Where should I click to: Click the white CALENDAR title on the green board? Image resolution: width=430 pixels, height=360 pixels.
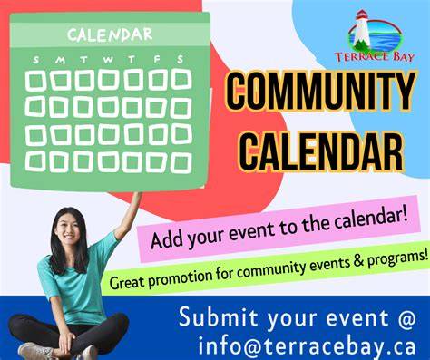click(110, 34)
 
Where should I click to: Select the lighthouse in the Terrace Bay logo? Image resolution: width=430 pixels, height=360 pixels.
click(360, 30)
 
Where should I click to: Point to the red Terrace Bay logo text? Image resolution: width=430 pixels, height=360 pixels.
click(374, 57)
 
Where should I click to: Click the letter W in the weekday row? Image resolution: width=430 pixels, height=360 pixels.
click(108, 60)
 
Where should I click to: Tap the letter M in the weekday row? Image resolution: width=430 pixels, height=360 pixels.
click(60, 60)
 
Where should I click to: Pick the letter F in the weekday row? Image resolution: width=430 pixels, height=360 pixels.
click(157, 59)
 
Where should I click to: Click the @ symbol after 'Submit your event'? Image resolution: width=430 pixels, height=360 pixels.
click(406, 317)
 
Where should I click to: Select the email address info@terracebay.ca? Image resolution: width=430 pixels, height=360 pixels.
click(307, 345)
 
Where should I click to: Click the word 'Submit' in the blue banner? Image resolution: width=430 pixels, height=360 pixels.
click(218, 317)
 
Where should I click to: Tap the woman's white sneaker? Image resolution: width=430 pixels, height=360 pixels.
click(34, 352)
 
